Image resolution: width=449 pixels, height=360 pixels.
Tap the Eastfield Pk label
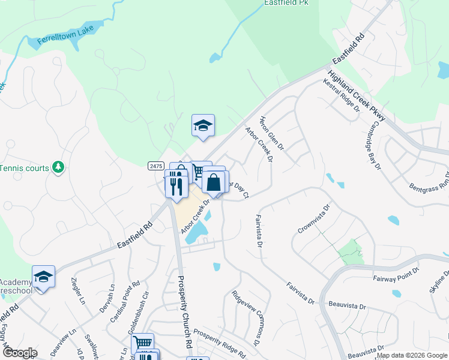coord(286,3)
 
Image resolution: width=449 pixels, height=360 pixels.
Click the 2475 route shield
coord(155,166)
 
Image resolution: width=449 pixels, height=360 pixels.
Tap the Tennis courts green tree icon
coord(58,167)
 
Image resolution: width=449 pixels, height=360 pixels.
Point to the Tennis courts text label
coord(25,168)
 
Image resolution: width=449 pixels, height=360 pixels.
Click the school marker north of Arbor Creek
coord(203,126)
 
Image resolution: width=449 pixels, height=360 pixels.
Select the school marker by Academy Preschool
coord(43,277)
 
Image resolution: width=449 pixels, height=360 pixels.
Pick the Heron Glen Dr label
coord(272,134)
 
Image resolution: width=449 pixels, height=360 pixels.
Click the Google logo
coord(19,353)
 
